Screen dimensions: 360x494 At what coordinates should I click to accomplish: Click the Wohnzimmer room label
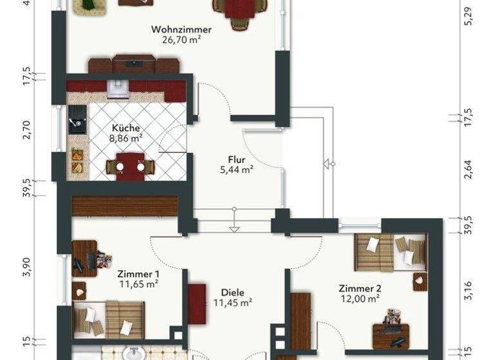tap(181, 29)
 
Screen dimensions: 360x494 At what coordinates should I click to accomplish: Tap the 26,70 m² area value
tap(181, 39)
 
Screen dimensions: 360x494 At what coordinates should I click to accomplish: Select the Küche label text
tap(125, 127)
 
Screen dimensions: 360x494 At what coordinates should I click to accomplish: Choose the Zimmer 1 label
tap(139, 273)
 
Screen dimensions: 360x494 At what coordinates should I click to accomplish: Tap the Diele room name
tap(232, 291)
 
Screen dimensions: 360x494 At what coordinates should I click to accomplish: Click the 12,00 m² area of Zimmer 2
tap(360, 298)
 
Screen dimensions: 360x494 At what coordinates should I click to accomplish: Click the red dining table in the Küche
tap(131, 166)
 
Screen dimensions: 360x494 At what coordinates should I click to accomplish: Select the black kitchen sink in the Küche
tap(77, 119)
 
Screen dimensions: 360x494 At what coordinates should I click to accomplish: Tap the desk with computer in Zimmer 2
tap(390, 335)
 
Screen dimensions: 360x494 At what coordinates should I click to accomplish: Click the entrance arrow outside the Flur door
tap(329, 163)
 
